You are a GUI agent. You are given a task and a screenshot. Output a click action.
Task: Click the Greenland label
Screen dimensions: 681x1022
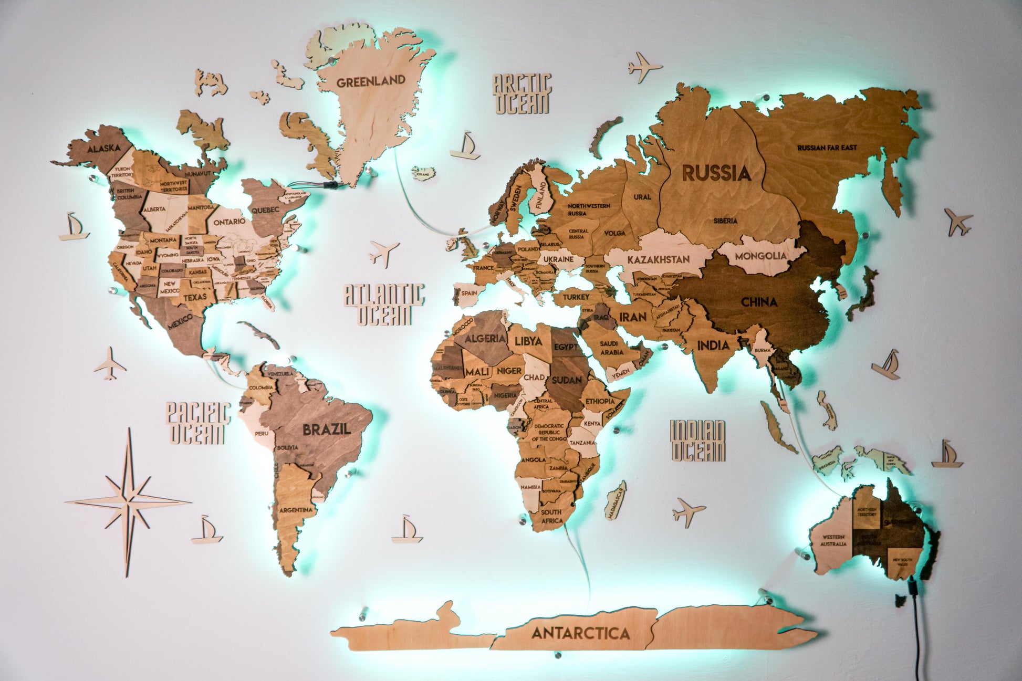(x=371, y=82)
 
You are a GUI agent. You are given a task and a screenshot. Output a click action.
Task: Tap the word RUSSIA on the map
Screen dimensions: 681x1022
(x=716, y=173)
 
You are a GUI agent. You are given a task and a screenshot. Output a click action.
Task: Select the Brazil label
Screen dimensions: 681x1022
(x=326, y=429)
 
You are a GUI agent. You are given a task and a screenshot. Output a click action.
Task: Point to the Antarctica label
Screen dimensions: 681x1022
(x=580, y=633)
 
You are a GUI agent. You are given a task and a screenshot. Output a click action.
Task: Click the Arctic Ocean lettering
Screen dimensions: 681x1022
(x=522, y=93)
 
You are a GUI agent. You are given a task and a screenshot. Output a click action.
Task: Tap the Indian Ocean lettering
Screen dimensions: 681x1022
(x=698, y=441)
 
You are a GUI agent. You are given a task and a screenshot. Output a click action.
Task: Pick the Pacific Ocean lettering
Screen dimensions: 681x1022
(x=197, y=423)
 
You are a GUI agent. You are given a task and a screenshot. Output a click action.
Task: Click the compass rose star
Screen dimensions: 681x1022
(x=129, y=502)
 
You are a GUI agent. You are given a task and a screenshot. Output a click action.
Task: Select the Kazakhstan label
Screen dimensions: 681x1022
(x=658, y=259)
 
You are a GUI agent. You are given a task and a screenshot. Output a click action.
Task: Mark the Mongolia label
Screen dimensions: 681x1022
(x=760, y=256)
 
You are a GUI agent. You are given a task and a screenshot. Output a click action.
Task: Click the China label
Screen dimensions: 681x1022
(x=759, y=302)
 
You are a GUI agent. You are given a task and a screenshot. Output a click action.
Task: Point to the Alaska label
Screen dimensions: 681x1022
(x=104, y=149)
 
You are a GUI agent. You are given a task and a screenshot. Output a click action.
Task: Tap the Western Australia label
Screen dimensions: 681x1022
(x=833, y=540)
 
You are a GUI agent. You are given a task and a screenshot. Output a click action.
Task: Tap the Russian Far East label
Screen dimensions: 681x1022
(x=827, y=148)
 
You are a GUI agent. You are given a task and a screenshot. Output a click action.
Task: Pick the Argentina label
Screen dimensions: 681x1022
(x=296, y=510)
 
